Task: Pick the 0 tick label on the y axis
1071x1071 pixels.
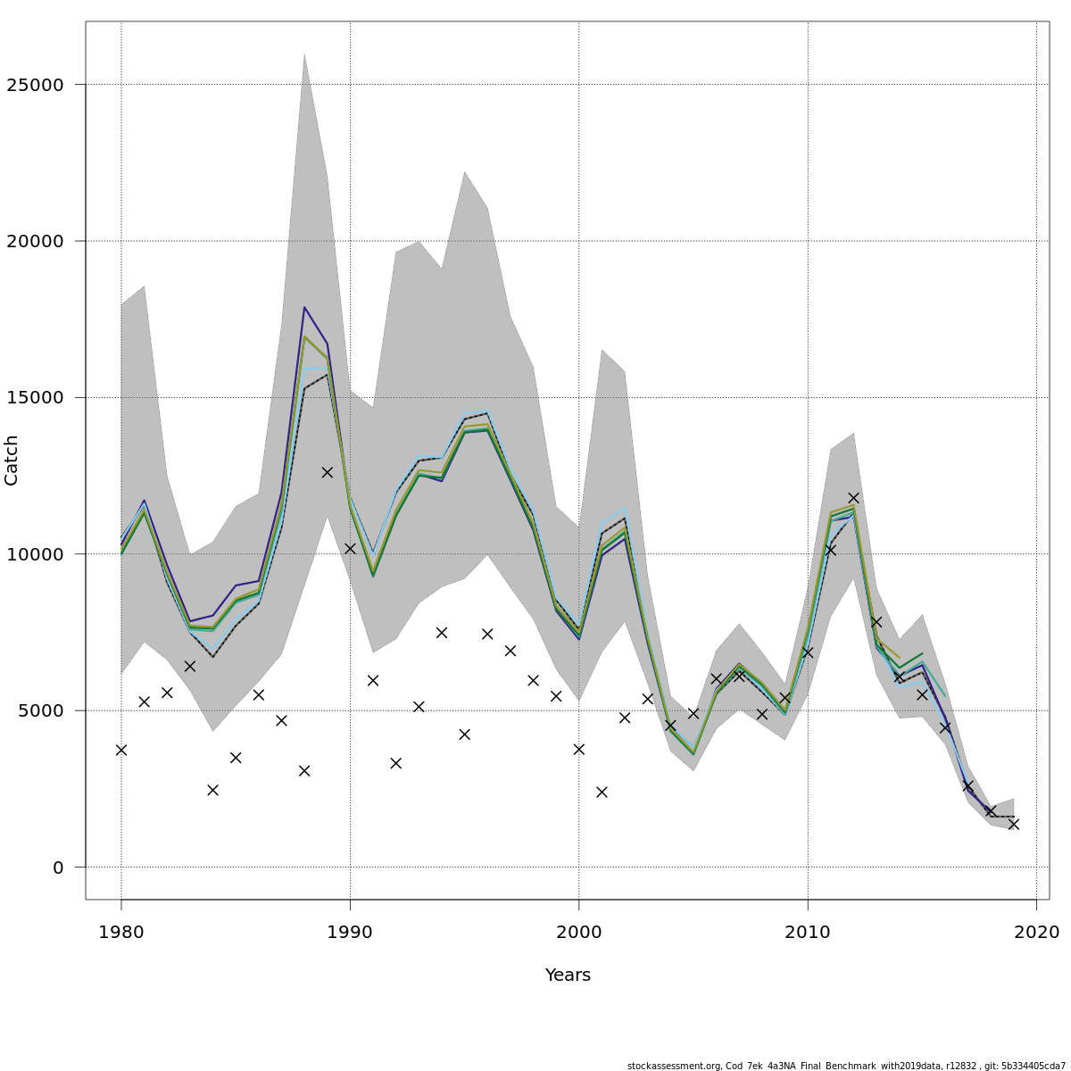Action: pos(58,868)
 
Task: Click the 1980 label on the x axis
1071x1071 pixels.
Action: pos(121,933)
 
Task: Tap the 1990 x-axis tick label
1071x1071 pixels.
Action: pos(350,933)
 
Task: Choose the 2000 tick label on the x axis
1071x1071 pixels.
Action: pos(579,933)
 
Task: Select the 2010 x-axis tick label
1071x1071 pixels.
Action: pos(808,933)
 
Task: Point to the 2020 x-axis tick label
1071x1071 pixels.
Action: pos(1036,933)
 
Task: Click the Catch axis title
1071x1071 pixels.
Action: pos(12,461)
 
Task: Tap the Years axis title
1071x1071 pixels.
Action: pos(568,976)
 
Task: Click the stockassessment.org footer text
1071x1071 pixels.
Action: pos(845,1066)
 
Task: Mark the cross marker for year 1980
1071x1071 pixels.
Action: pos(121,750)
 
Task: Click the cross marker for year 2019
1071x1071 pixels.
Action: pos(1014,824)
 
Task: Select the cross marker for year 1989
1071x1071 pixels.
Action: pos(328,472)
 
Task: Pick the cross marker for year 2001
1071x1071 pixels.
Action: pos(602,792)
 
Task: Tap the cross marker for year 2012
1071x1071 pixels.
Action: pos(853,498)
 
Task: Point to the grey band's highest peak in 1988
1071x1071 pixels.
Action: pos(304,55)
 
